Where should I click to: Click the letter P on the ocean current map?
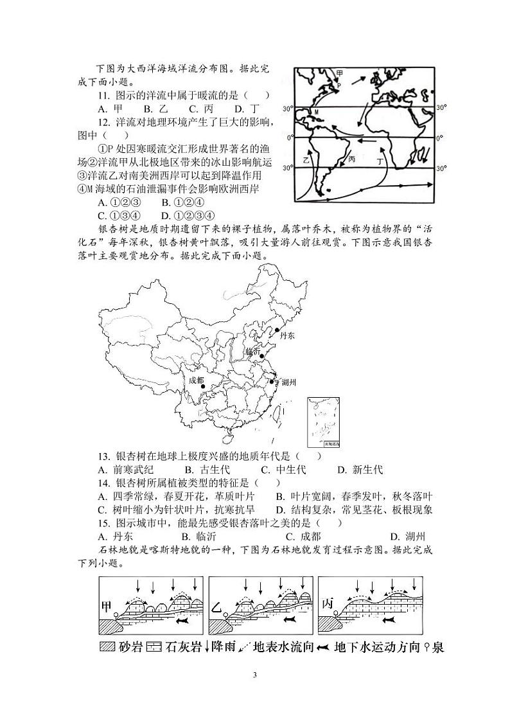click(339, 84)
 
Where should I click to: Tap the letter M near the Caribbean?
click(316, 112)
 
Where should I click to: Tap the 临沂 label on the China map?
click(253, 352)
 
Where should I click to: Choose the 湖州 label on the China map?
click(288, 382)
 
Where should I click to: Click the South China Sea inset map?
click(324, 423)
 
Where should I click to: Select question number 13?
click(104, 456)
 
